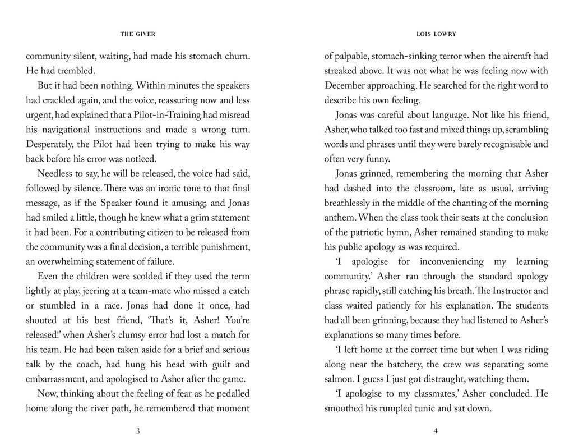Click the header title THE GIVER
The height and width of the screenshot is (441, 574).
coord(138,34)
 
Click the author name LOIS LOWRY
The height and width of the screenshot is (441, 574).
coord(436,34)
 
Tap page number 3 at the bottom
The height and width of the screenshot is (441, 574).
coord(138,431)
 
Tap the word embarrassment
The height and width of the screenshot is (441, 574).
coord(58,379)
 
